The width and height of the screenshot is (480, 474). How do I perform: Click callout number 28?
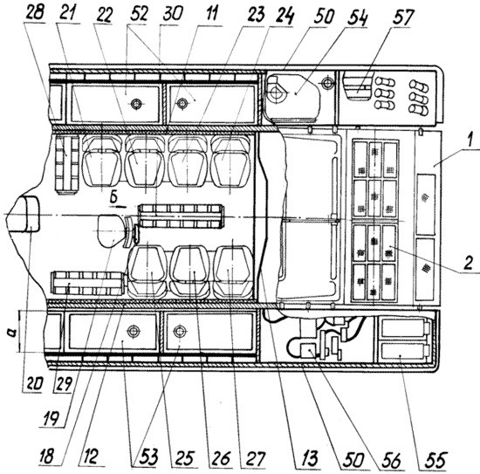click(35, 12)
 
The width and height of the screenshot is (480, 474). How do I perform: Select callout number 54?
click(357, 17)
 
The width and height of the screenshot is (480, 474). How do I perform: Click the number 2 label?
click(468, 263)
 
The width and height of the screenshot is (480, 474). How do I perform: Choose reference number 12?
click(90, 457)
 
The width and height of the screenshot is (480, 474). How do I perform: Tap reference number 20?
click(32, 382)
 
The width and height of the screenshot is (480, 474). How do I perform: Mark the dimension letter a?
click(12, 332)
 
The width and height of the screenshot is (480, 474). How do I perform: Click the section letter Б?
click(113, 198)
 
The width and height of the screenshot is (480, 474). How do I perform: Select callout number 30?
click(172, 14)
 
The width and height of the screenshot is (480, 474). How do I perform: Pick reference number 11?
click(212, 14)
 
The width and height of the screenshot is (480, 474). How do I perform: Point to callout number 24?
click(285, 16)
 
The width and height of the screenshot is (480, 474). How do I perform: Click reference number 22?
click(105, 14)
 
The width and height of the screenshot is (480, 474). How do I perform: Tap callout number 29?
click(64, 382)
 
